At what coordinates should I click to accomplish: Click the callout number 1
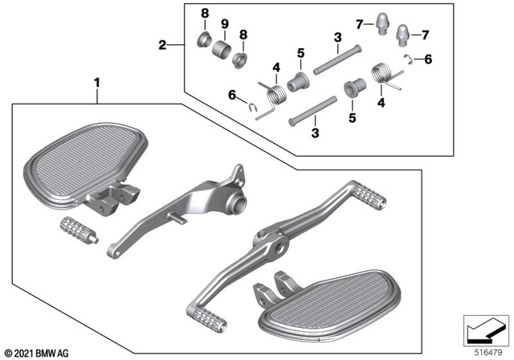[98, 83]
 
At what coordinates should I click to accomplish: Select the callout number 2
[163, 45]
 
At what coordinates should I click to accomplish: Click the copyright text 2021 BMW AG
[37, 352]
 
